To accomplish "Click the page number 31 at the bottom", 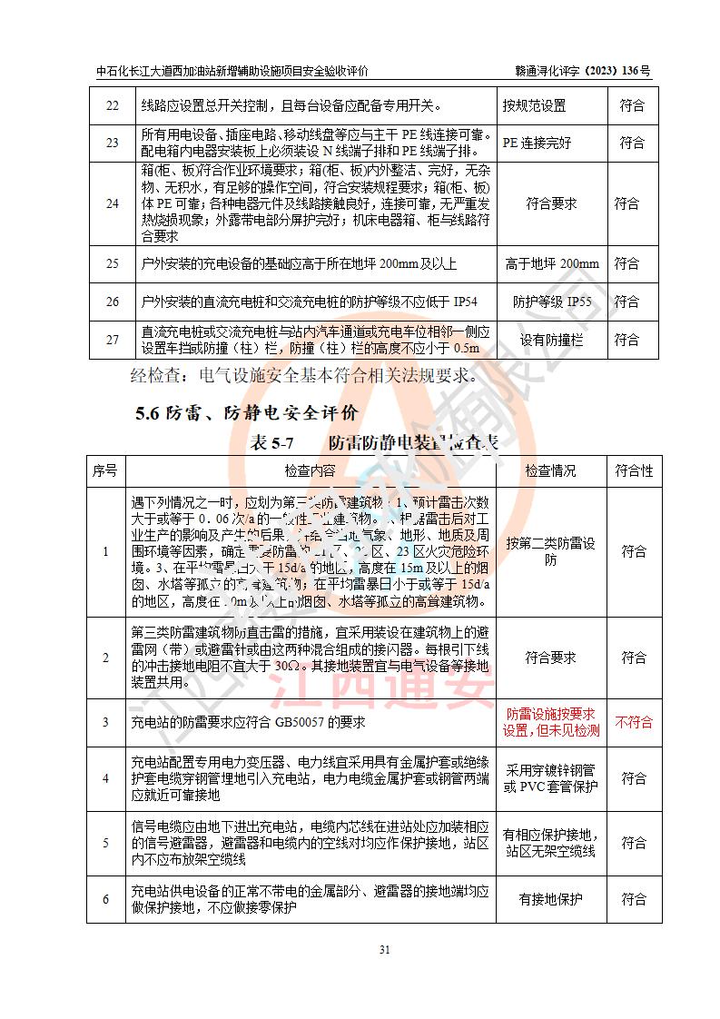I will point(384,950).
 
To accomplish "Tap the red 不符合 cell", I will point(634,723).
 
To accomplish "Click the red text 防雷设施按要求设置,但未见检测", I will point(551,723).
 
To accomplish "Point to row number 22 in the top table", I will point(112,106).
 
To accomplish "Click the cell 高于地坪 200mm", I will point(551,264).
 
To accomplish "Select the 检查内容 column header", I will point(309,471).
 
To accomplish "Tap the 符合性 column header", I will point(634,471).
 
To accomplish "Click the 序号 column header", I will point(104,471).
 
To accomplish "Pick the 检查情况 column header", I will point(551,471).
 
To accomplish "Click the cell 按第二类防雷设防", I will point(551,551).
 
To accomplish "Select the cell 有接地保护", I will point(551,900).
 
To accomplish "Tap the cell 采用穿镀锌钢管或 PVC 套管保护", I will point(551,778).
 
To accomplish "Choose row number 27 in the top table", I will point(112,340).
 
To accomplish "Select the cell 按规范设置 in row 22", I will point(535,106).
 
